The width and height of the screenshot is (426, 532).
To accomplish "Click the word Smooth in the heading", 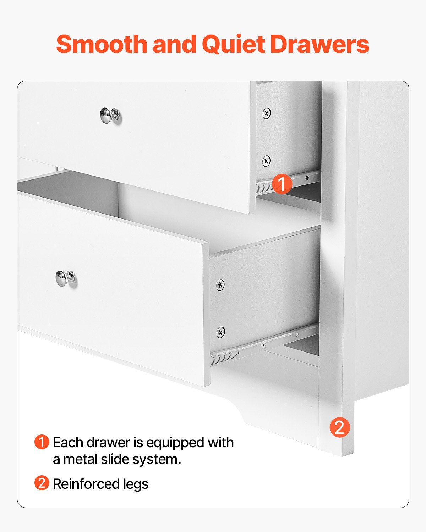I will tap(102, 44).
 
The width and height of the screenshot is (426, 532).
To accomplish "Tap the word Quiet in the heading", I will tap(233, 44).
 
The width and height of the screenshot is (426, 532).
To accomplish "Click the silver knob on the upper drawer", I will tap(110, 116).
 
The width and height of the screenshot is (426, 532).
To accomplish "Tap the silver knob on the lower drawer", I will tap(65, 278).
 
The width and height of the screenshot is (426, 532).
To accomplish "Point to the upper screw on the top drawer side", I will tap(267, 113).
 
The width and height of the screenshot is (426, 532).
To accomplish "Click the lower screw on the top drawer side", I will tap(266, 161).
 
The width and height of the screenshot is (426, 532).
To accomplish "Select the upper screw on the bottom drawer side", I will tap(220, 285).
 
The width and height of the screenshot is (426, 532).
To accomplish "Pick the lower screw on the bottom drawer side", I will tap(220, 332).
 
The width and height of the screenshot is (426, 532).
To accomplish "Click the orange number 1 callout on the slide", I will tap(282, 184).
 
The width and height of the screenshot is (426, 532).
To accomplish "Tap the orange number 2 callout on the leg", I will tap(340, 427).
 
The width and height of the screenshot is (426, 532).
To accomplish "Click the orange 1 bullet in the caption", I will tap(42, 442).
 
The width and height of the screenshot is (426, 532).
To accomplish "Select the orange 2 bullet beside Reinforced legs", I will tap(42, 483).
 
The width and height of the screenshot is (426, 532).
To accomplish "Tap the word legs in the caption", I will tap(136, 484).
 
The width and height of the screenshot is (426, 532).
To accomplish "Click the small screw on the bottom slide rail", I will tap(263, 345).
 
